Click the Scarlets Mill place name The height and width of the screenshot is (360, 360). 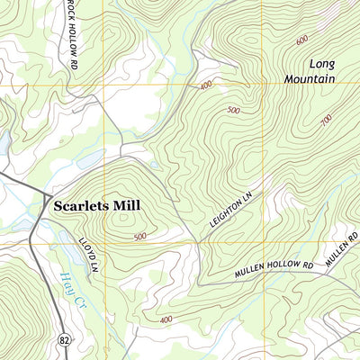pos(94,205)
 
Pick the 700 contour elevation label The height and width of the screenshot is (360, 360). pos(325,119)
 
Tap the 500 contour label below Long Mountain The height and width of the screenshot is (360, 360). pos(234,110)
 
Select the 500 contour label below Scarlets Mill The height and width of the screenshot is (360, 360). pos(139,237)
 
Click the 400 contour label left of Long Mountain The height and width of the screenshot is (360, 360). pos(206,85)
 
